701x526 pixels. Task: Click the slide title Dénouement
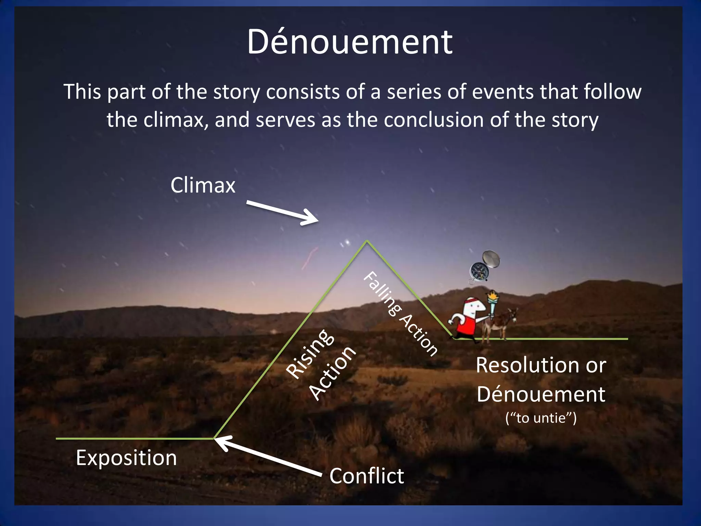(350, 42)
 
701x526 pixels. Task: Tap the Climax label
(203, 185)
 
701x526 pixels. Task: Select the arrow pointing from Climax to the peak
(283, 213)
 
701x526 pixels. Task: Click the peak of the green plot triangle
(367, 241)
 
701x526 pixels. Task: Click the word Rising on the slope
(310, 354)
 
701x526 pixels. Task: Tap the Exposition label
(126, 458)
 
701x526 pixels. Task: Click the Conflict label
(367, 476)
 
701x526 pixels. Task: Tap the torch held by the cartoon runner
(493, 303)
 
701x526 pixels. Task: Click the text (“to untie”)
(541, 418)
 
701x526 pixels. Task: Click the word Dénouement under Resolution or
(541, 394)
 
